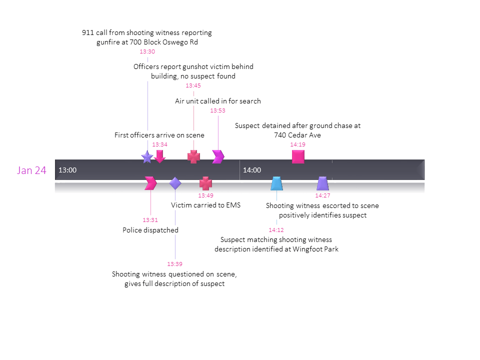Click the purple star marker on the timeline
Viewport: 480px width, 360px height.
(x=147, y=157)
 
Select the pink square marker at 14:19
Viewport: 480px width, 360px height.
(x=298, y=157)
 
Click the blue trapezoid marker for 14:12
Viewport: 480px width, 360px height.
(x=276, y=183)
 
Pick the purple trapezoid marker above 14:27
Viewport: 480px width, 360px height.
(x=322, y=183)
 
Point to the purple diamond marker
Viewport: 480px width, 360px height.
(x=175, y=183)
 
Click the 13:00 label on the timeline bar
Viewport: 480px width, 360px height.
(x=67, y=170)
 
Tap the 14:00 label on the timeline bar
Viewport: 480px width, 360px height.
(x=252, y=170)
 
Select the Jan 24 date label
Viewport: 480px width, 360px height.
(x=31, y=170)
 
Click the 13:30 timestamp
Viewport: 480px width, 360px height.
(x=147, y=51)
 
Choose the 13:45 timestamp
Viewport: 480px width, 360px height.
(x=193, y=85)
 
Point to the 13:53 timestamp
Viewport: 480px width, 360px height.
(x=217, y=110)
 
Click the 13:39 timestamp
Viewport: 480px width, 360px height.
(x=174, y=263)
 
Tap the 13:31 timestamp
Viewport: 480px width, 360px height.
(x=150, y=219)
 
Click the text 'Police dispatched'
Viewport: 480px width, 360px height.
(x=150, y=230)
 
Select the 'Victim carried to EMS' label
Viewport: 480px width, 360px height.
(x=205, y=205)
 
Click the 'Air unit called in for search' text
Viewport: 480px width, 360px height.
(x=217, y=101)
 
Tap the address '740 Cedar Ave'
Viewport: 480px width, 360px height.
(x=297, y=135)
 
